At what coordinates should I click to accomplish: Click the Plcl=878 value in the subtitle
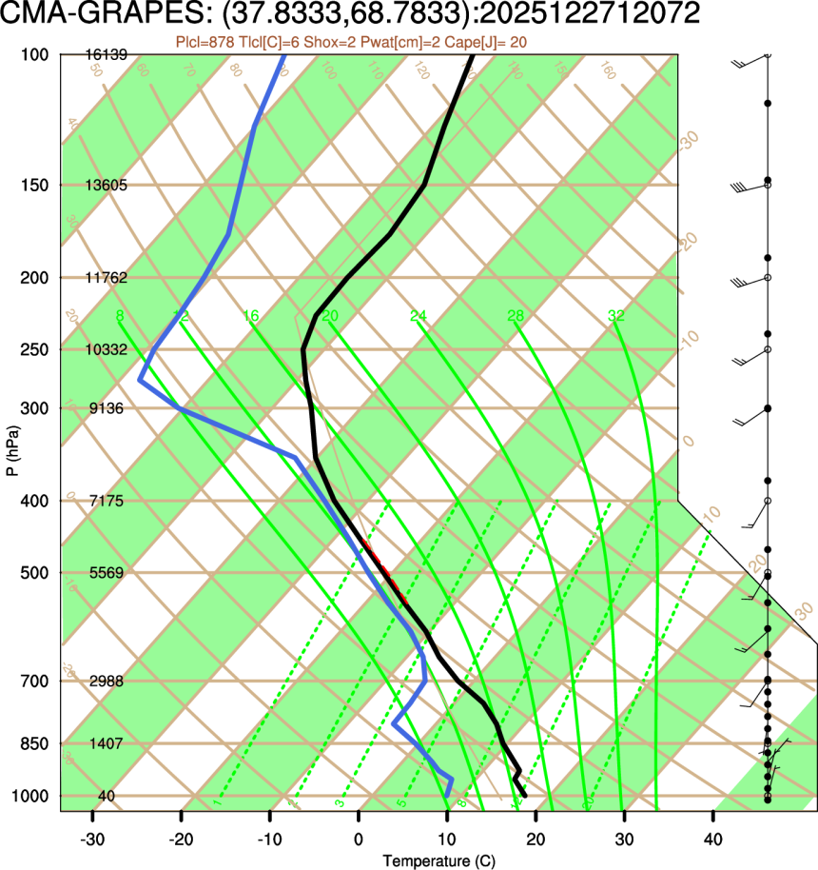207,41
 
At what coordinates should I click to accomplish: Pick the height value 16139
107,55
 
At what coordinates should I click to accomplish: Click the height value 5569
107,573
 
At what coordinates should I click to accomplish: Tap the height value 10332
107,349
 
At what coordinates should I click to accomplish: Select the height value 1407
107,743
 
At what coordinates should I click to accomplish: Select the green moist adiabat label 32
616,316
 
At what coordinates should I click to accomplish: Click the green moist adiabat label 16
251,316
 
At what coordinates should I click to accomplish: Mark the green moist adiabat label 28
516,316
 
